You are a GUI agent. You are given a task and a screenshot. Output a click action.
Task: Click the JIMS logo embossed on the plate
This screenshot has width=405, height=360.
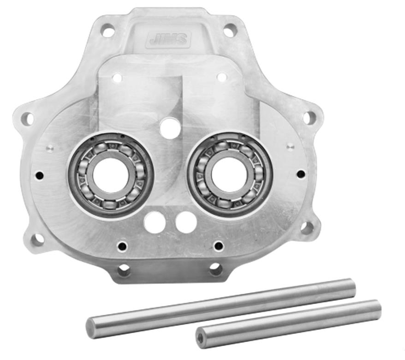(x=168, y=40)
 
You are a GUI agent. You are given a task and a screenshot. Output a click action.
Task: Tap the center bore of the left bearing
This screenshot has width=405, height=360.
(x=111, y=175)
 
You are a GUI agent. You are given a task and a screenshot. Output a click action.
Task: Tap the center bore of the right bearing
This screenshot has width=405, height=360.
(x=230, y=174)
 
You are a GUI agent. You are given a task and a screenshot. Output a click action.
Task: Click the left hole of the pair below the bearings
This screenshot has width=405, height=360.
(x=155, y=223)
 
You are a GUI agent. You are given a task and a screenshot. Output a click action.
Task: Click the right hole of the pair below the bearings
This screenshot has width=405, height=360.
(x=186, y=222)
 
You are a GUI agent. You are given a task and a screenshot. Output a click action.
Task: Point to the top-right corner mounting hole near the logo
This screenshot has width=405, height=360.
(x=229, y=31)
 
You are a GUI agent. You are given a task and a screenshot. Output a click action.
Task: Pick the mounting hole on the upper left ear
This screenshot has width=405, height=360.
(x=28, y=119)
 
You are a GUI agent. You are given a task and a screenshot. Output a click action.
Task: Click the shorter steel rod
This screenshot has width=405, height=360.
(x=288, y=321)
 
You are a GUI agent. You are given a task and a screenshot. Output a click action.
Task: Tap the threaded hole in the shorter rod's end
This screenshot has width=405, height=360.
(x=202, y=335)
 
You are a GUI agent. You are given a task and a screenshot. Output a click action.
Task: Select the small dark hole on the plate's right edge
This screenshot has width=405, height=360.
(x=301, y=174)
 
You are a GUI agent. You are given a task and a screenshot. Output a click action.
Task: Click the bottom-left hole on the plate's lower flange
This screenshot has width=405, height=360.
(x=124, y=269)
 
